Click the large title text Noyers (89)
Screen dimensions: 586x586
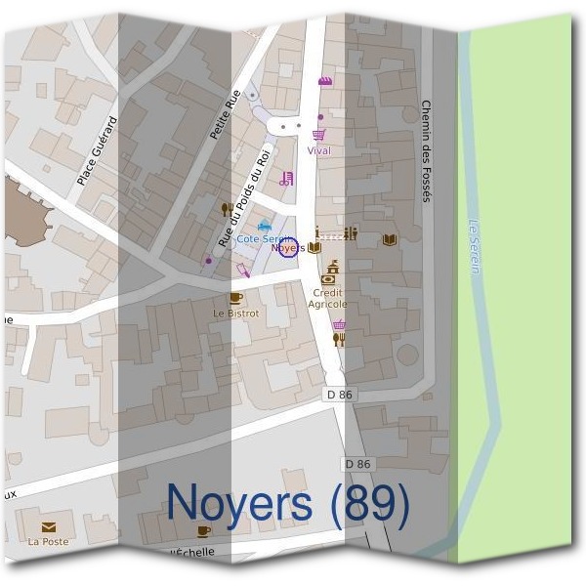(x=288, y=502)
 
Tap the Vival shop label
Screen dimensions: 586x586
(x=318, y=151)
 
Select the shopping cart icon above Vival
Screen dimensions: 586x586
(x=318, y=135)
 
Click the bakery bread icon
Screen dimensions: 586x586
(x=324, y=81)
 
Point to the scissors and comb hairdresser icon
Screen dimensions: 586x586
(x=285, y=179)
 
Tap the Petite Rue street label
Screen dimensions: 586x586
(x=225, y=114)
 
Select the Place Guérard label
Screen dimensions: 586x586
(x=97, y=150)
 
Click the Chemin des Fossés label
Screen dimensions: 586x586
(x=426, y=151)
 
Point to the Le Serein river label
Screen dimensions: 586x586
(x=475, y=245)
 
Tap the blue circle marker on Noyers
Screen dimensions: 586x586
(x=287, y=248)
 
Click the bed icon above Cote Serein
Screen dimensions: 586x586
(x=263, y=227)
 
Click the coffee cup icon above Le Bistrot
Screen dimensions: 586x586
(x=234, y=298)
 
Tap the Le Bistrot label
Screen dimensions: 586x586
(x=236, y=314)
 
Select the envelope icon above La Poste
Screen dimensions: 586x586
(x=48, y=526)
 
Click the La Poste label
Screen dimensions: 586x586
(x=48, y=541)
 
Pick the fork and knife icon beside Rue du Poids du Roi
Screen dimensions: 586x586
(x=227, y=208)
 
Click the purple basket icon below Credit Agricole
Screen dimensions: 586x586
(x=339, y=325)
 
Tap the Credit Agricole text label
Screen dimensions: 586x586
(x=330, y=298)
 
